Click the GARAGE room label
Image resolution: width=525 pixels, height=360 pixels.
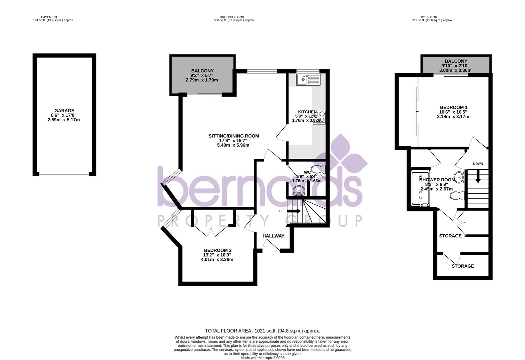64,111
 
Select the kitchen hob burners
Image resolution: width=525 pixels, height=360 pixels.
319,117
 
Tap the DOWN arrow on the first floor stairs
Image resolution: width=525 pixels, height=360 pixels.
478,176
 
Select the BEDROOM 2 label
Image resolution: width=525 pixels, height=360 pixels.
217,250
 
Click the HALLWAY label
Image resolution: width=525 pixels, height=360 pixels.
274,236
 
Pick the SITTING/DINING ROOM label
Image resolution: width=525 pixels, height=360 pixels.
233,136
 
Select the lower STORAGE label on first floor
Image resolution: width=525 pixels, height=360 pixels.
463,266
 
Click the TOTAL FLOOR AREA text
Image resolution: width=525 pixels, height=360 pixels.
262,331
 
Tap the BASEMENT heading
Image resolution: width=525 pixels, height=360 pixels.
49,17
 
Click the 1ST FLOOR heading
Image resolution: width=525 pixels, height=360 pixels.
429,17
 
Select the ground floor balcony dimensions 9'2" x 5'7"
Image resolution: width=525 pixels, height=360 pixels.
202,75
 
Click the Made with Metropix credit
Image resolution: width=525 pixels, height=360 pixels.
262,358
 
